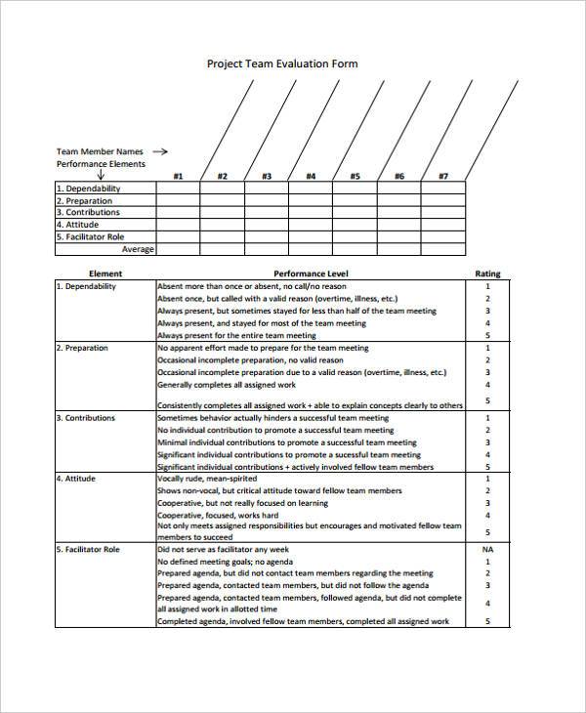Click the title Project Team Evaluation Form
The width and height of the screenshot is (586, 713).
(x=282, y=63)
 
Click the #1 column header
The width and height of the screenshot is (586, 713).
(x=178, y=176)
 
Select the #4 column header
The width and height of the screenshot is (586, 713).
(x=311, y=176)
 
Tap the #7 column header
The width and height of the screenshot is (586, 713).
(x=442, y=176)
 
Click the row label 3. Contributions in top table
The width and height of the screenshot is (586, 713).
(x=89, y=212)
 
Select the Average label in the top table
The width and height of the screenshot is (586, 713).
(x=138, y=249)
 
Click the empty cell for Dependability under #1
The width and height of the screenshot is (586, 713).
(x=178, y=189)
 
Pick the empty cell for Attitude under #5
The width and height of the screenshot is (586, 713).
(x=355, y=225)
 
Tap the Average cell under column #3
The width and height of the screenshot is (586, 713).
(x=267, y=249)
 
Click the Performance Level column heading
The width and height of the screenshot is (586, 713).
(x=311, y=274)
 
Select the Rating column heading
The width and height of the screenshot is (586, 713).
(x=486, y=274)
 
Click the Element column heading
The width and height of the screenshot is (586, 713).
(x=105, y=274)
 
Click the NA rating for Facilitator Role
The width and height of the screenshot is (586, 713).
(x=486, y=550)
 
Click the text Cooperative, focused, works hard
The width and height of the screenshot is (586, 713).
(x=218, y=515)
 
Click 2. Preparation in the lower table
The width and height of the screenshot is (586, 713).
(x=83, y=348)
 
